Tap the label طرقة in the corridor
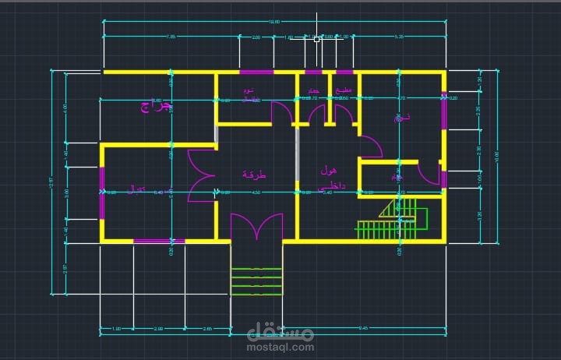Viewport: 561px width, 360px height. point(254,175)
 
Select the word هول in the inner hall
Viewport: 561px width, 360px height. point(328,169)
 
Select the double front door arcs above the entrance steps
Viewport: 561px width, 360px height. point(256,227)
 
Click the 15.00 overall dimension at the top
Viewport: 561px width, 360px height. point(273,22)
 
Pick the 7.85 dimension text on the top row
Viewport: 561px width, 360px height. point(171,37)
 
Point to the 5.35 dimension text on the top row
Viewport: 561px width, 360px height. point(399,37)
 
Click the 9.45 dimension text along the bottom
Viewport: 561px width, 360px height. point(363,328)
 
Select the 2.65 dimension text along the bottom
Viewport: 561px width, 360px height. point(206,328)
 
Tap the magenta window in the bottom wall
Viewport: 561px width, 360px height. point(158,241)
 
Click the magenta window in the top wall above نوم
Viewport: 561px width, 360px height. point(256,72)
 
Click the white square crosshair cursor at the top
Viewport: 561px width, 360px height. point(317,38)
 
